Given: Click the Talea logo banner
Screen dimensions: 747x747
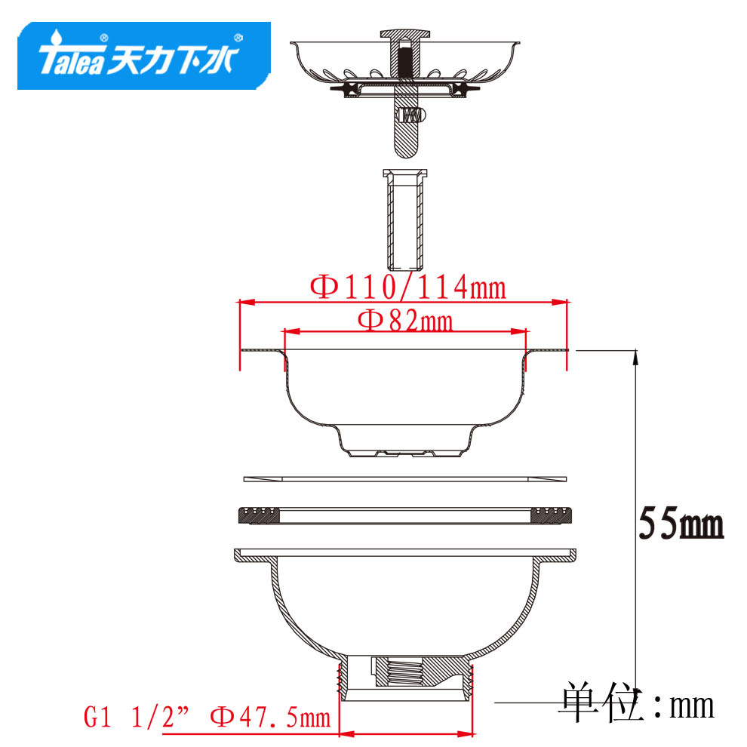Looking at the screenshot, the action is (144, 55).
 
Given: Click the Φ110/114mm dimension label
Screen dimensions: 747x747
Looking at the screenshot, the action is (407, 287).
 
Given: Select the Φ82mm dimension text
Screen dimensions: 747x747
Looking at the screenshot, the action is (405, 320).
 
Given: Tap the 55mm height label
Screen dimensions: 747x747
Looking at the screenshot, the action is (681, 523).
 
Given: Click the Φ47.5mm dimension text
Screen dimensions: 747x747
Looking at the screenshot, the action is (270, 718).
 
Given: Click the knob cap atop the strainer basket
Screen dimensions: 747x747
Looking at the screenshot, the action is (405, 34).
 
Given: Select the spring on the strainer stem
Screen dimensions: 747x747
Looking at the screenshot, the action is (410, 115).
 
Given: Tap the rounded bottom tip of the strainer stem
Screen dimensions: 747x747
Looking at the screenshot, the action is (405, 152).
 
